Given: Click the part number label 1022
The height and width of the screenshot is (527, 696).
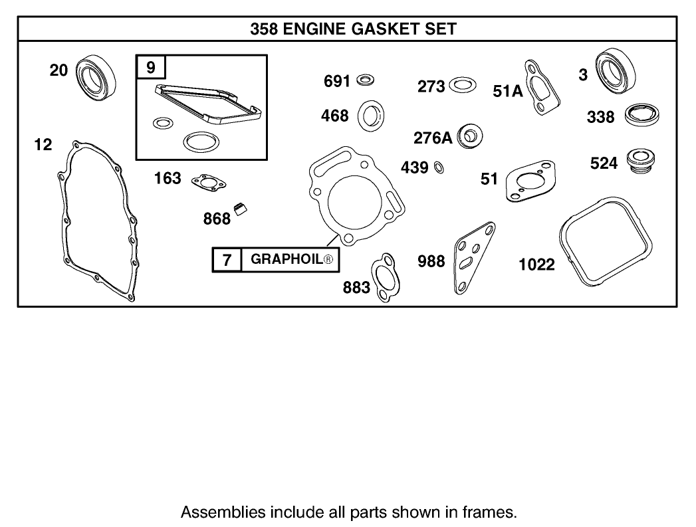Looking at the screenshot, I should click(536, 264).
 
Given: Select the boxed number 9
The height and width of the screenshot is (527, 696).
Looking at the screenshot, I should click(150, 67).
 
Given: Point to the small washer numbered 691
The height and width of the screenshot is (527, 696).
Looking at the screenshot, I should click(364, 81).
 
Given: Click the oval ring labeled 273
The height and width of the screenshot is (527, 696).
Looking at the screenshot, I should click(463, 85).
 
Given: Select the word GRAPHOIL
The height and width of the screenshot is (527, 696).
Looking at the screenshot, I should click(286, 260).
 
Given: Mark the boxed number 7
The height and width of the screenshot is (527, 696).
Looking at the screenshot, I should click(227, 260).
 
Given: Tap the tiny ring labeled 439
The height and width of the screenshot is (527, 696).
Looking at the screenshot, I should click(439, 166).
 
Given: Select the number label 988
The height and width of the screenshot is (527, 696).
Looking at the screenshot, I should click(431, 261).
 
